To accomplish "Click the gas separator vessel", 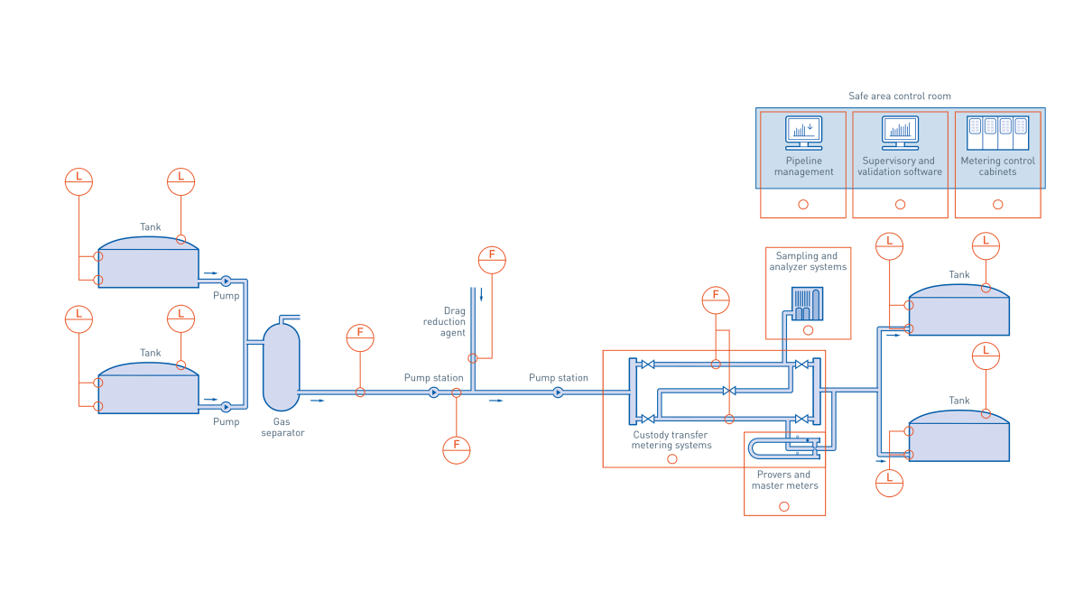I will [281, 366].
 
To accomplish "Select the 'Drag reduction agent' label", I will [445, 322].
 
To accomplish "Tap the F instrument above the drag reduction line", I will [492, 260].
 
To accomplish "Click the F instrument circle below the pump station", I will [456, 449].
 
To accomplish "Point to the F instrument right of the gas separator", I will [360, 338].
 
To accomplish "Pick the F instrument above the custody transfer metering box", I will [716, 300].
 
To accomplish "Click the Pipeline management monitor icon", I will [803, 133].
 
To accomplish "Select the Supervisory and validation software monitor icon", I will [900, 133].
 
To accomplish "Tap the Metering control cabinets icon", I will [997, 133].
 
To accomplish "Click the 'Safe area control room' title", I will [899, 97].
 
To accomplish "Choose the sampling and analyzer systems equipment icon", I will [807, 303].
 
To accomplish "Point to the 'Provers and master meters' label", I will [784, 480].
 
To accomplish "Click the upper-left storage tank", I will [148, 263].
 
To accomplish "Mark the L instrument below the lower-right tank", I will [889, 483].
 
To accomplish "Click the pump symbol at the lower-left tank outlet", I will [226, 407].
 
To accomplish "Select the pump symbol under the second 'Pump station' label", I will [558, 392].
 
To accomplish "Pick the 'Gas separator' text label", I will [282, 427].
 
